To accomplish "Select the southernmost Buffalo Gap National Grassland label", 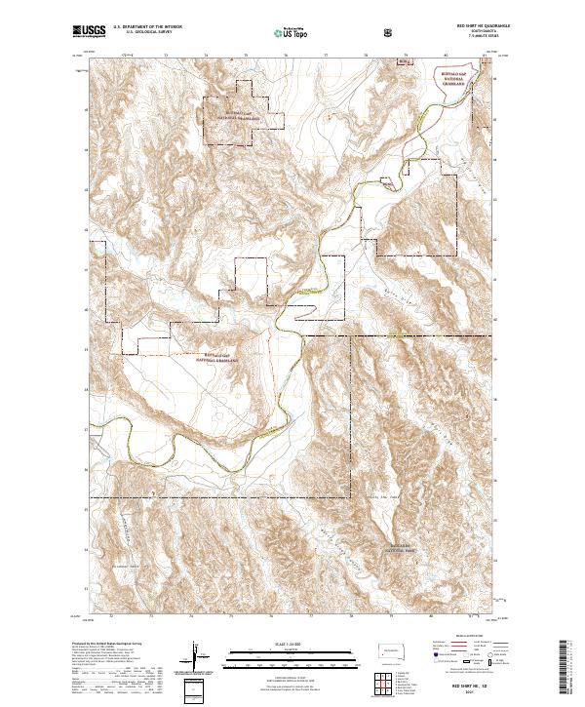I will [219, 357].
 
